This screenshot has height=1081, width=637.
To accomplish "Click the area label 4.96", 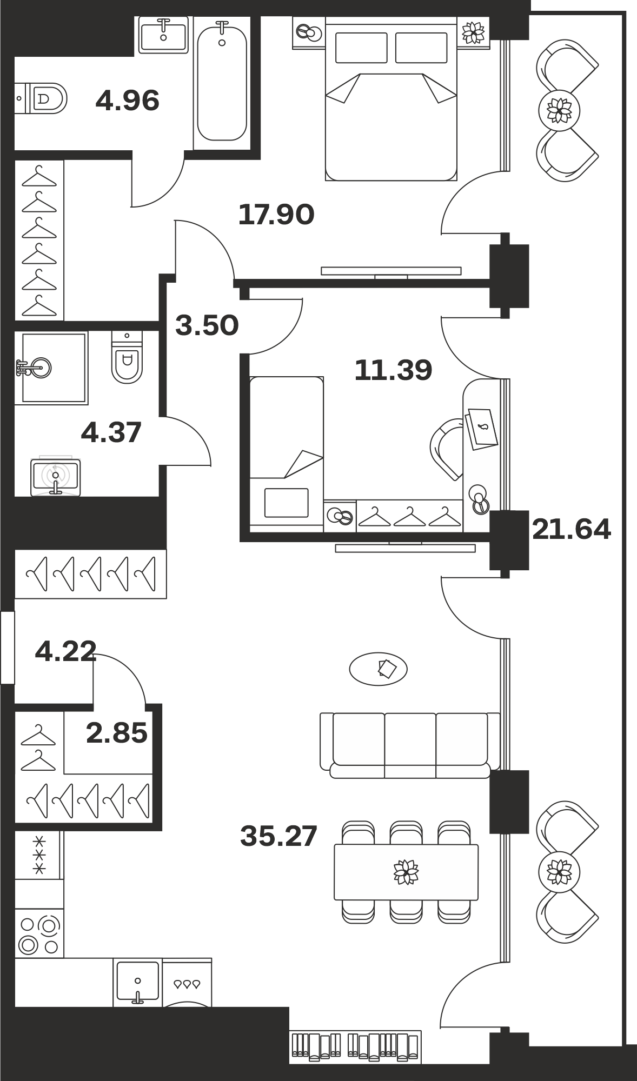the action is click(x=127, y=101).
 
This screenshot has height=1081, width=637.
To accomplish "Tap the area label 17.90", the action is click(x=276, y=215).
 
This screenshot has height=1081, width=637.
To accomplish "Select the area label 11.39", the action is click(x=393, y=370).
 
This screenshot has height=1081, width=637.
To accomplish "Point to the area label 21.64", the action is click(x=572, y=529).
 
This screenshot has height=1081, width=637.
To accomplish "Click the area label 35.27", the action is click(x=278, y=836).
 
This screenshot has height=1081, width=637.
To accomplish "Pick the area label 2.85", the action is click(x=117, y=733).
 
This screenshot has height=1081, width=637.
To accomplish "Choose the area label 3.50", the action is click(x=207, y=326).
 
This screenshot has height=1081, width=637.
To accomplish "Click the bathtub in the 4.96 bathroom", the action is click(x=222, y=83).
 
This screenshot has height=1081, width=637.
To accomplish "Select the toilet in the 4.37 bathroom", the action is click(x=127, y=357).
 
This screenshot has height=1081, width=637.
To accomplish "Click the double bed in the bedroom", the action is click(x=391, y=98).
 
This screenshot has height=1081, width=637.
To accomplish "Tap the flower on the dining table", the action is click(x=406, y=872).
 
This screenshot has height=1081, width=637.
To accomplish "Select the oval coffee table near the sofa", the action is click(x=378, y=669).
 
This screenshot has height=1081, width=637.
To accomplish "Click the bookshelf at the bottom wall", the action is click(x=355, y=1047).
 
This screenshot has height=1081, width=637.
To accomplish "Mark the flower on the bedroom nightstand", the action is click(x=474, y=32).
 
